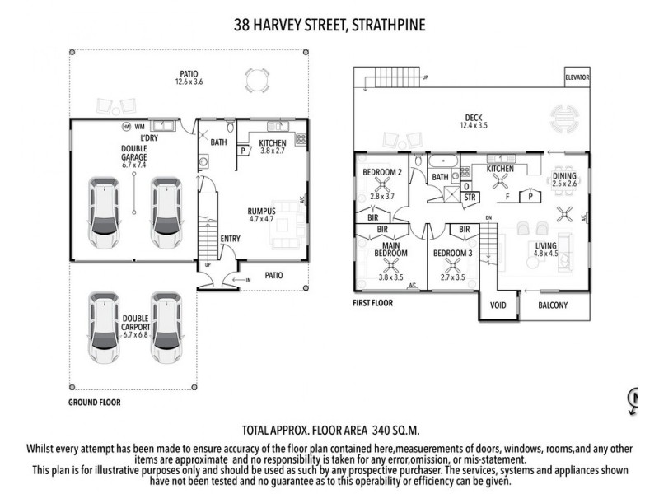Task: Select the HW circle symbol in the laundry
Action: coord(126,126)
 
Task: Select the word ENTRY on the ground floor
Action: coord(230,239)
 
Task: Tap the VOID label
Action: coord(498,305)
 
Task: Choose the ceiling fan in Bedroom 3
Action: coord(452,265)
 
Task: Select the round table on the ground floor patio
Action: coord(258,79)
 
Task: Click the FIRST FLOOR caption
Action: coord(372,303)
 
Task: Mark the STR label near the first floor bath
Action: coord(470,198)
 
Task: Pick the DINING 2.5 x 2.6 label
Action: coord(564,179)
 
